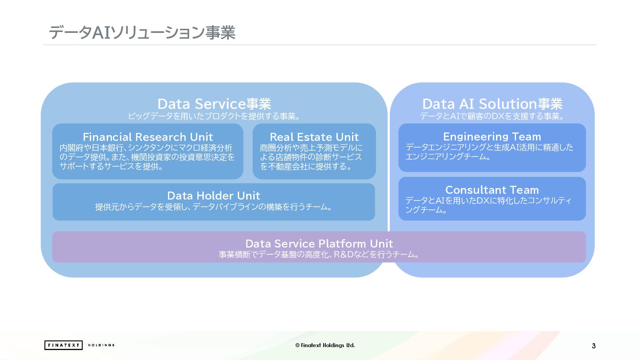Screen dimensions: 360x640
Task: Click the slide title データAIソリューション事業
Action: pos(142,33)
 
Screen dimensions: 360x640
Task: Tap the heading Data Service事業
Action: pos(214,104)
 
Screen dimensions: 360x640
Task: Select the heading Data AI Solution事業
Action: pos(492,104)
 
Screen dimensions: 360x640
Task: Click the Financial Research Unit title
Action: pos(148,137)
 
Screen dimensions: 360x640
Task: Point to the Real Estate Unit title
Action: pos(314,137)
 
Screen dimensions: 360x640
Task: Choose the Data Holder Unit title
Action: pos(213,196)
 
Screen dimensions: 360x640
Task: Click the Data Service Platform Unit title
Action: pos(319,244)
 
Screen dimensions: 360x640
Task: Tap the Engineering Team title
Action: pos(492,136)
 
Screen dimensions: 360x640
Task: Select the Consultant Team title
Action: pos(492,190)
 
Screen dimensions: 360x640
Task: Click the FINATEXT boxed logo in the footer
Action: pos(64,345)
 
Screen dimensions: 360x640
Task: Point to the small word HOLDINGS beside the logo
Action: pos(101,345)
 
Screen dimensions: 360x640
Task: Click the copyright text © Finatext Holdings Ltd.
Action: pos(325,345)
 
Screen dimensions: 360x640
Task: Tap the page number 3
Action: pos(594,346)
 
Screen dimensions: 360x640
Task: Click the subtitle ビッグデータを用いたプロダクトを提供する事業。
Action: pos(214,116)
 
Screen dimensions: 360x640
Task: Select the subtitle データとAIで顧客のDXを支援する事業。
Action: pos(492,116)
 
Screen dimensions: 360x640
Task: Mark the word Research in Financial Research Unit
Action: pos(161,137)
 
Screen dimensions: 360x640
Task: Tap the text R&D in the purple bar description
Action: pos(343,255)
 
